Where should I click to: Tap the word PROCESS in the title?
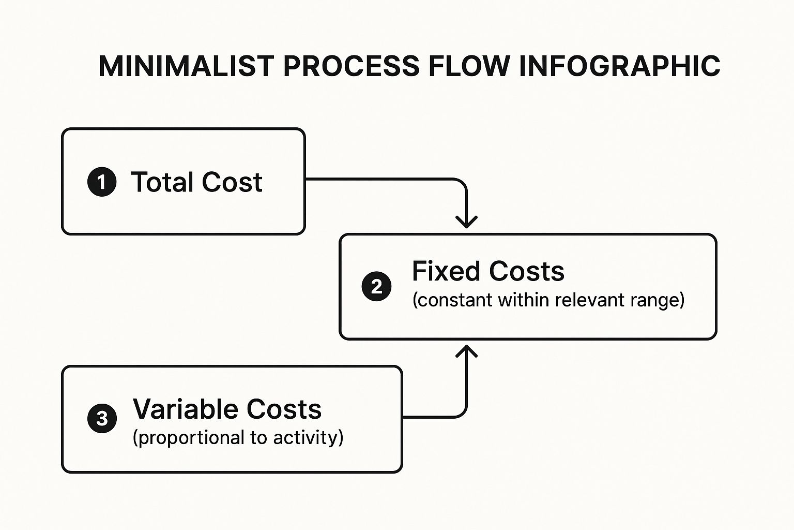(x=351, y=66)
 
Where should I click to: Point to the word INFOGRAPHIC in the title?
(x=619, y=66)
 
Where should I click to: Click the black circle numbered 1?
(x=102, y=182)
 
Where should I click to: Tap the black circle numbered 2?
(x=376, y=286)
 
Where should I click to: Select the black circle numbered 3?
(x=102, y=418)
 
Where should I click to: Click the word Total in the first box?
(x=162, y=182)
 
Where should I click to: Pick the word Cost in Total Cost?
(x=232, y=182)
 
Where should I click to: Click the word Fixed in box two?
(x=446, y=271)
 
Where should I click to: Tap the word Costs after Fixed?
(x=526, y=271)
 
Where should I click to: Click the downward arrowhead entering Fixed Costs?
(x=466, y=222)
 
